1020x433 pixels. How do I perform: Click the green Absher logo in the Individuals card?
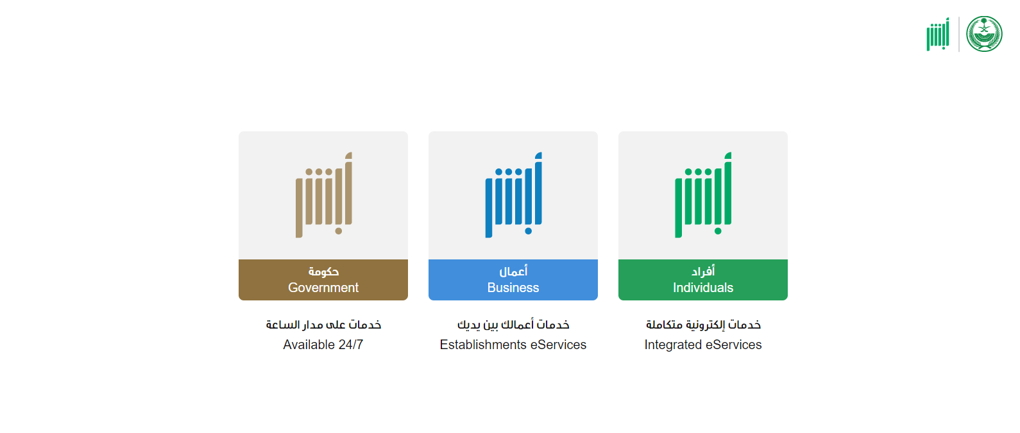(703, 195)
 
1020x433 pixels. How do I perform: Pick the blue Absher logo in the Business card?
(513, 195)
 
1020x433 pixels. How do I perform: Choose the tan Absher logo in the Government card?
(324, 195)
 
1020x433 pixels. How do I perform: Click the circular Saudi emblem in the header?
(984, 34)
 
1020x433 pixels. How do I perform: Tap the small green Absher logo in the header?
(938, 35)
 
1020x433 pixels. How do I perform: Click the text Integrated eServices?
(702, 345)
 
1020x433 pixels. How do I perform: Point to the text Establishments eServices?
(513, 345)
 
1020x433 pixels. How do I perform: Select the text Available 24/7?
(323, 345)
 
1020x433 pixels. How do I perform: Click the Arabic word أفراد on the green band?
(702, 272)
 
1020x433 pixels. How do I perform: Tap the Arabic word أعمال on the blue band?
(513, 272)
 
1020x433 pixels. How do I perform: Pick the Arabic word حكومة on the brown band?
(323, 272)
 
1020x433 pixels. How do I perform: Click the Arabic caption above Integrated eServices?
(703, 324)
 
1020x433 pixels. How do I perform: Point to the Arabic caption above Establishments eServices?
(513, 324)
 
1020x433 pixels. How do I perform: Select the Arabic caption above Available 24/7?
(323, 324)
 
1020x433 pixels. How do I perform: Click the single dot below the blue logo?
(528, 231)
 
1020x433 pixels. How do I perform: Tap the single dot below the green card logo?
(718, 231)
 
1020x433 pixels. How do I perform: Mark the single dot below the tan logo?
(339, 231)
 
